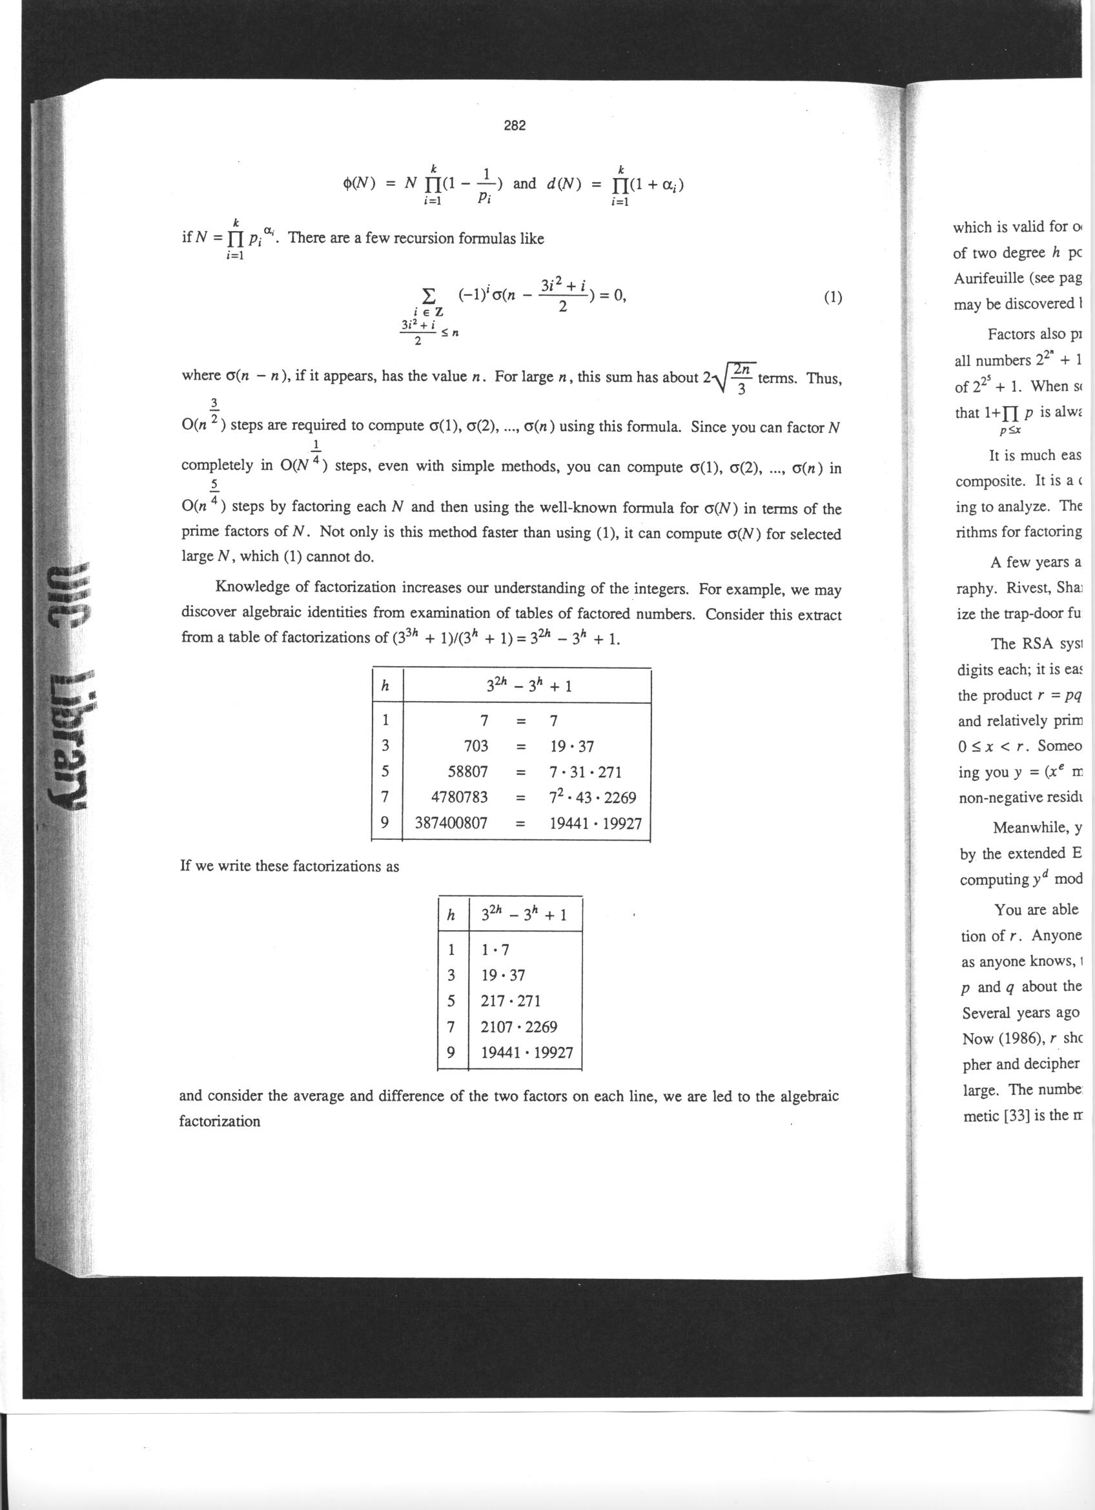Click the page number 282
(x=515, y=126)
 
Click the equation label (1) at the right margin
(x=832, y=298)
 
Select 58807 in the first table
(x=468, y=771)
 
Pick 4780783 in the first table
(x=460, y=797)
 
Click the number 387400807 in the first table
(x=451, y=823)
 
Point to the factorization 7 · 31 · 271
(x=585, y=771)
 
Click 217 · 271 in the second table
(x=511, y=1001)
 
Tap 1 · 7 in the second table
(x=495, y=950)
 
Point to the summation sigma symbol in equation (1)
(x=430, y=294)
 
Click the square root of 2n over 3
(x=733, y=378)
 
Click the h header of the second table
(x=451, y=916)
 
